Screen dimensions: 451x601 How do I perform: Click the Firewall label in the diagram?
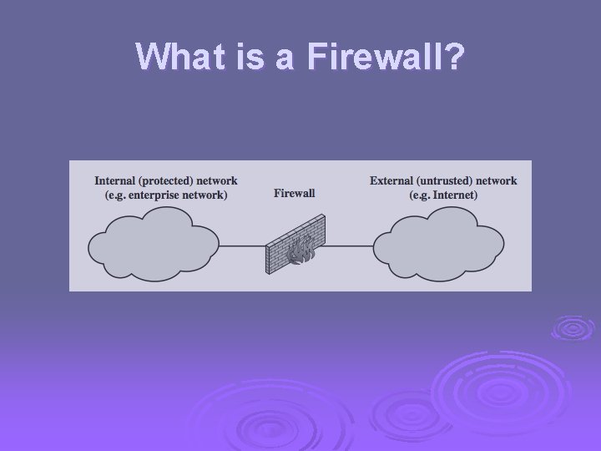(295, 194)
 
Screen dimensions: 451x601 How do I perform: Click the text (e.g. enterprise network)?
(166, 195)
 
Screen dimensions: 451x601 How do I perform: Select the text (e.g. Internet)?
(443, 195)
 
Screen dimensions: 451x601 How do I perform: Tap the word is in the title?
(249, 56)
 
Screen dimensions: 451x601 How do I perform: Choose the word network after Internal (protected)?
(217, 180)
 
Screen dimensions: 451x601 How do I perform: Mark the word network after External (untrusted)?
(497, 180)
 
